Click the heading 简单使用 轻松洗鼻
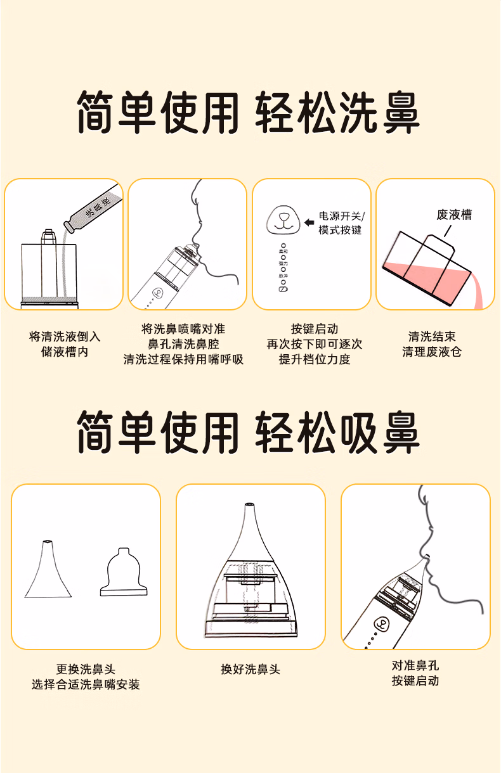coord(249,113)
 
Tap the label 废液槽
coord(454,215)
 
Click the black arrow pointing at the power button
coord(309,222)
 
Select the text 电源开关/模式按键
coord(341,222)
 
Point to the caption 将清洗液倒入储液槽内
coord(65,344)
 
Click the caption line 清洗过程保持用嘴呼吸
coord(183,359)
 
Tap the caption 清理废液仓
coord(432,352)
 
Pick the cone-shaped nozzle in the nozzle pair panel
coord(48,570)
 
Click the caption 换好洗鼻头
coord(251,669)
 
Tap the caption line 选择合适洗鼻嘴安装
coord(86,684)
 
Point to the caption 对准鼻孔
coord(415,665)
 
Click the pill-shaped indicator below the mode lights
coord(283,289)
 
